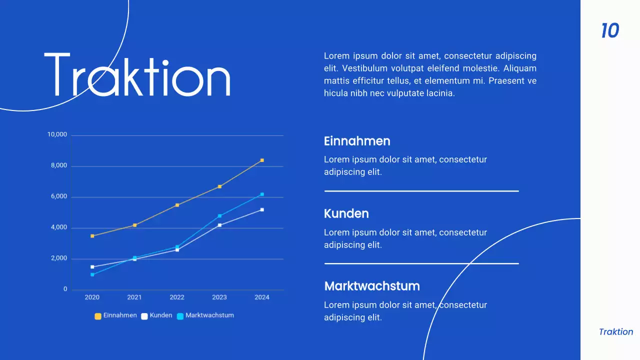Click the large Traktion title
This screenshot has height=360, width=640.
[x=137, y=75]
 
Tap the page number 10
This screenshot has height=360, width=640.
[x=610, y=31]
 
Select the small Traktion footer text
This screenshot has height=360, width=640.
[x=616, y=332]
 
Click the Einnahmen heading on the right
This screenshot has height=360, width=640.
[x=357, y=141]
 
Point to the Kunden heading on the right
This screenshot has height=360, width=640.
[x=346, y=213]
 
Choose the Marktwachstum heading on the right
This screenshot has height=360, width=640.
[x=372, y=286]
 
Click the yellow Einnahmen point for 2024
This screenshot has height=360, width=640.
[x=262, y=160]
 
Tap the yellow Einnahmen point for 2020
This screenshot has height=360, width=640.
[x=92, y=236]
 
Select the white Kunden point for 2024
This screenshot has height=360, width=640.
[x=262, y=210]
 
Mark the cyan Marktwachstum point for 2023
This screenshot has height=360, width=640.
[x=219, y=216]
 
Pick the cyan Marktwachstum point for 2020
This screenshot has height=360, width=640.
[x=92, y=274]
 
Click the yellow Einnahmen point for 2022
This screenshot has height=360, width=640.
[x=177, y=205]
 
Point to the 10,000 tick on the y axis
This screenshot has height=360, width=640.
[x=57, y=135]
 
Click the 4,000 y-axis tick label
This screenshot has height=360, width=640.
[x=58, y=227]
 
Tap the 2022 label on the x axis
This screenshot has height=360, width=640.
[x=177, y=297]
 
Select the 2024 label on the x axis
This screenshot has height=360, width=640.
[x=262, y=297]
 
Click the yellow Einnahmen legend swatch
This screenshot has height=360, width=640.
[x=98, y=316]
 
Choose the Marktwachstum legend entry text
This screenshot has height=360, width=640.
[x=209, y=315]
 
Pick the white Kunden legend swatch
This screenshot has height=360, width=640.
[x=144, y=316]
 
